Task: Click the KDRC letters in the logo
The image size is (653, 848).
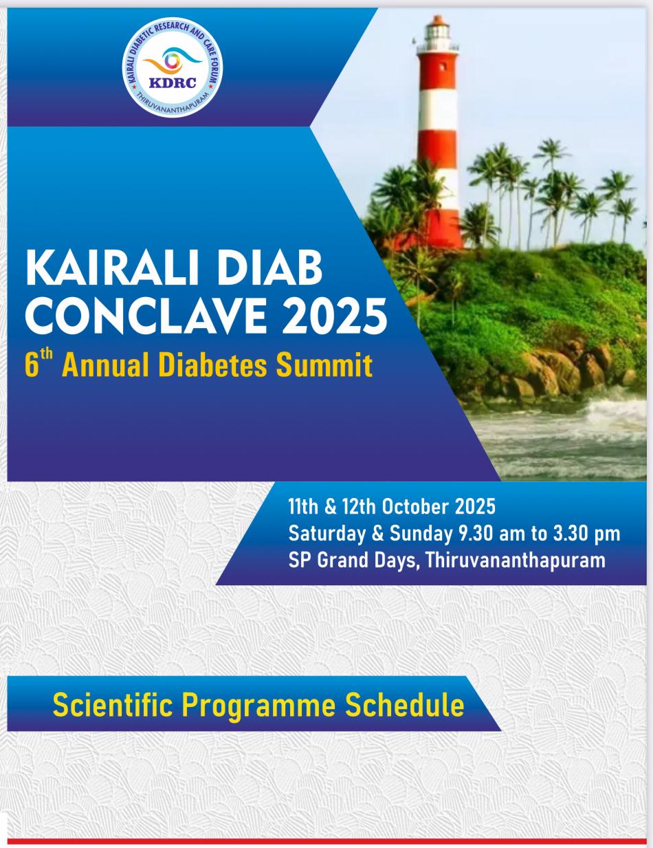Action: pyautogui.click(x=173, y=83)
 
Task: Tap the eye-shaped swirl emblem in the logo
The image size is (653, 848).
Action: pyautogui.click(x=173, y=61)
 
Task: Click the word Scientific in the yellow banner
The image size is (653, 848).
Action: pyautogui.click(x=113, y=705)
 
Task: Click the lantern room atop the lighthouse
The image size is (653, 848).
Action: pyautogui.click(x=437, y=31)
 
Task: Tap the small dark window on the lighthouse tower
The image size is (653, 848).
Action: pyautogui.click(x=443, y=66)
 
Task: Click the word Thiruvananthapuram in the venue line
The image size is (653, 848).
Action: pyautogui.click(x=516, y=561)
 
